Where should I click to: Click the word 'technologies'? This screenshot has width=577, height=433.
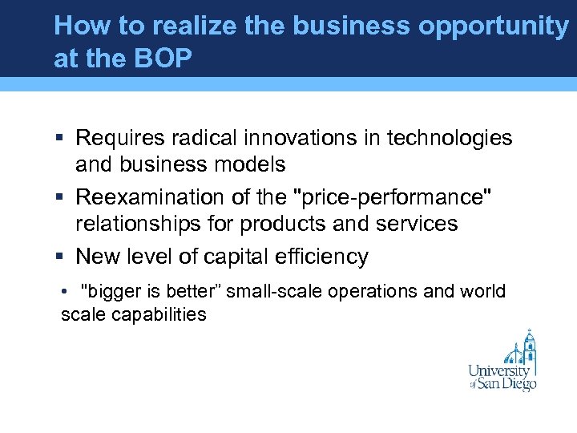click(449, 139)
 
